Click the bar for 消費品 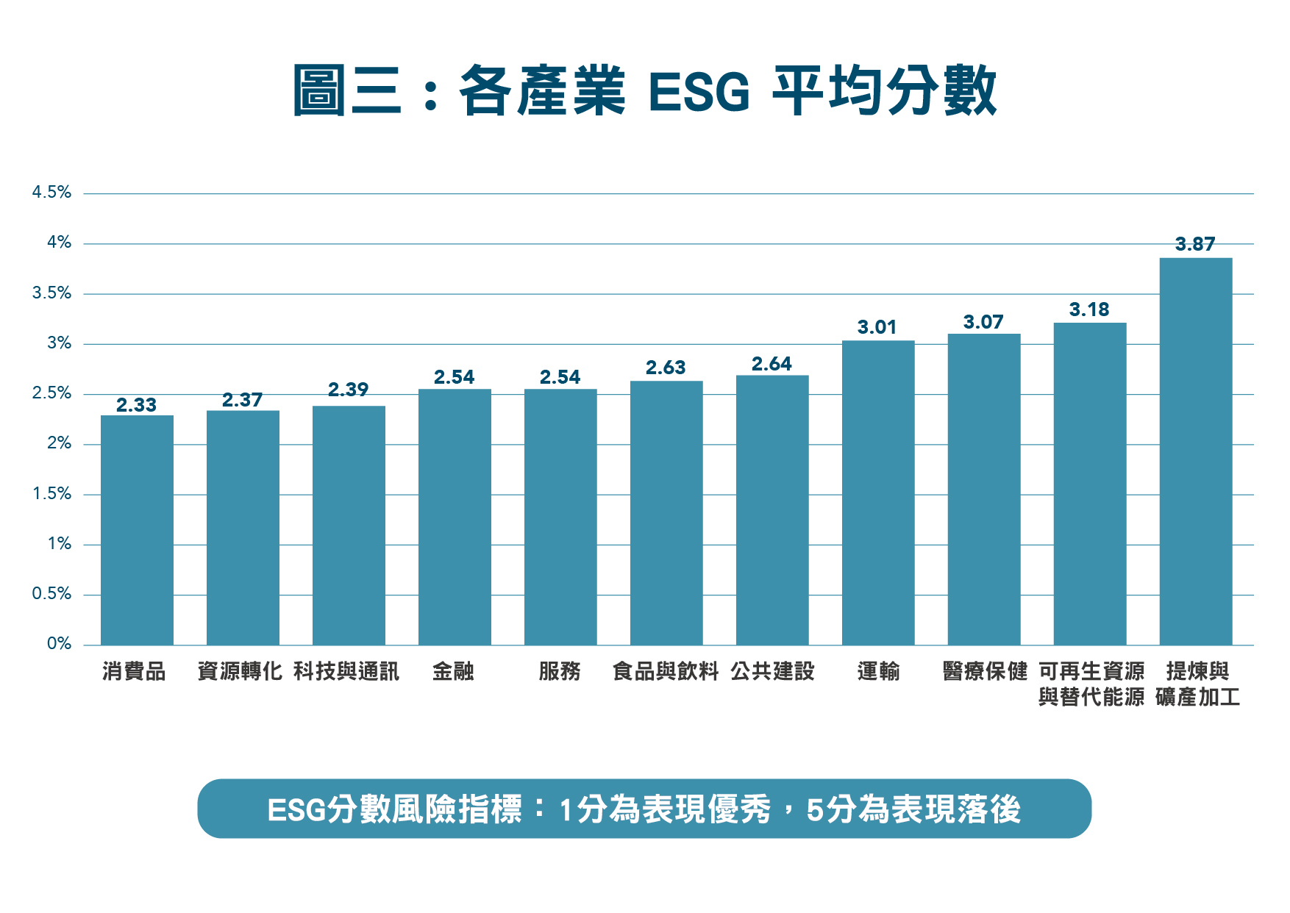137,530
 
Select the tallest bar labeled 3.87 1195,451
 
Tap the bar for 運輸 877,493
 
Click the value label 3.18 1088,309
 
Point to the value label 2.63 666,368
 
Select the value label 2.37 242,400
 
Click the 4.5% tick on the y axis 51,193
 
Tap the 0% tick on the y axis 59,644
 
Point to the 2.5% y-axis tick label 51,393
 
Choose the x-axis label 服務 560,671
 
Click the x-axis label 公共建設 772,671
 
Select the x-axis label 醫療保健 984,671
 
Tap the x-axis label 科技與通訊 346,671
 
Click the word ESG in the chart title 699,92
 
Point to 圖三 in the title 347,91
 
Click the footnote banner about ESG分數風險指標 644,809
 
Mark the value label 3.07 983,322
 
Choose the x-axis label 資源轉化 240,671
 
